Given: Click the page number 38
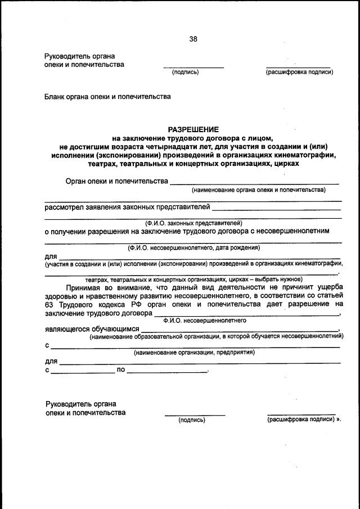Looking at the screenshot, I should (x=193, y=39).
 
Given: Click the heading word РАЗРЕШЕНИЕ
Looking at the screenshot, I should (x=193, y=129).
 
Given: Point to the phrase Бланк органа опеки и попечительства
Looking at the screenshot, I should (x=107, y=97).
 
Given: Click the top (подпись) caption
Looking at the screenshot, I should (x=185, y=72).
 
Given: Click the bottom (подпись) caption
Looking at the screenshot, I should (x=192, y=420).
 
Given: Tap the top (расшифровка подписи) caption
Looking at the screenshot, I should (x=299, y=72).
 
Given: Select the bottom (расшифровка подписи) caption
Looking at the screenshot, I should (x=301, y=420).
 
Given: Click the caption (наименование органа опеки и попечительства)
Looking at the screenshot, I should (x=258, y=191).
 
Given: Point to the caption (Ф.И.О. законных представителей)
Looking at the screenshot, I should (x=193, y=223).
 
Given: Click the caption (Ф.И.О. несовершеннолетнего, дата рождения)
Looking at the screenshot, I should (x=193, y=247).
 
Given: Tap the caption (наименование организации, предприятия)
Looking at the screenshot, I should (x=194, y=353).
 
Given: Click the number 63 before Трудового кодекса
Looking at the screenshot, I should (x=49, y=304).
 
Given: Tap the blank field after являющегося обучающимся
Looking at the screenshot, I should (x=239, y=330).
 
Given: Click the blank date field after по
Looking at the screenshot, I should (x=167, y=371).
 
